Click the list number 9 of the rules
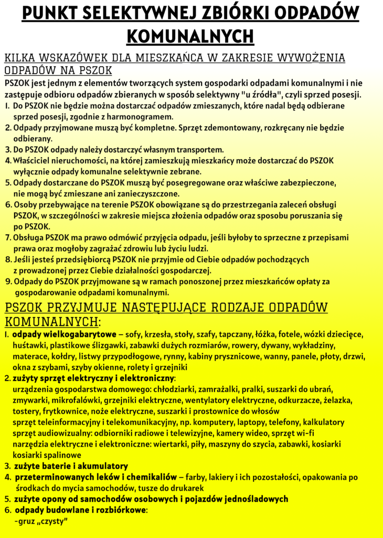tap(8, 282)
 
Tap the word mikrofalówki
tap(77, 400)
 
